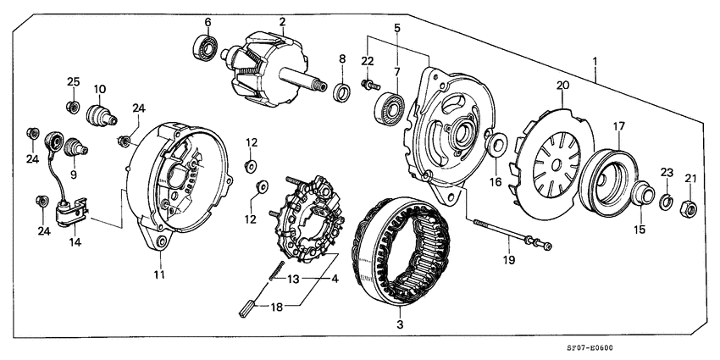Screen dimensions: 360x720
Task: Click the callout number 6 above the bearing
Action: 208,20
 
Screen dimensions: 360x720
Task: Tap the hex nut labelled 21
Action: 690,205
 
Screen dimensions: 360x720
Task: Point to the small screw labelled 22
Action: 368,84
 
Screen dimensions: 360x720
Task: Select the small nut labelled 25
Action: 73,107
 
